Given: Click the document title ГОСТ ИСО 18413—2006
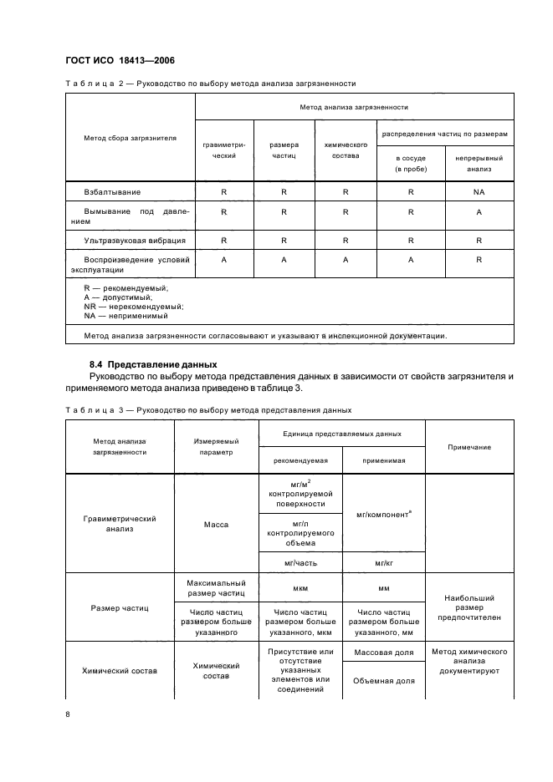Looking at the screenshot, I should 119,60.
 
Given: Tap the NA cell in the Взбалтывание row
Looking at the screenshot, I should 479,192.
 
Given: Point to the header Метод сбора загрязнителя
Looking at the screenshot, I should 130,138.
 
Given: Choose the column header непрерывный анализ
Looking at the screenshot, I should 479,163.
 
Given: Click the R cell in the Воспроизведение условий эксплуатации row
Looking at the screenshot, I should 479,261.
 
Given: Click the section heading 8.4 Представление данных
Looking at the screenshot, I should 153,364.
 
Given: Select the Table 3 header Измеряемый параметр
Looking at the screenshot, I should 217,445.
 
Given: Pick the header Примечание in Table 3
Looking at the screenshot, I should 469,447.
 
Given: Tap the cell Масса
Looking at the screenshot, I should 217,525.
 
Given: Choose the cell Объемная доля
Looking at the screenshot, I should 384,680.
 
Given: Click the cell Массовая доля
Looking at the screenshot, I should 384,652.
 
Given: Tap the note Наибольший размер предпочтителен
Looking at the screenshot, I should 469,607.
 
